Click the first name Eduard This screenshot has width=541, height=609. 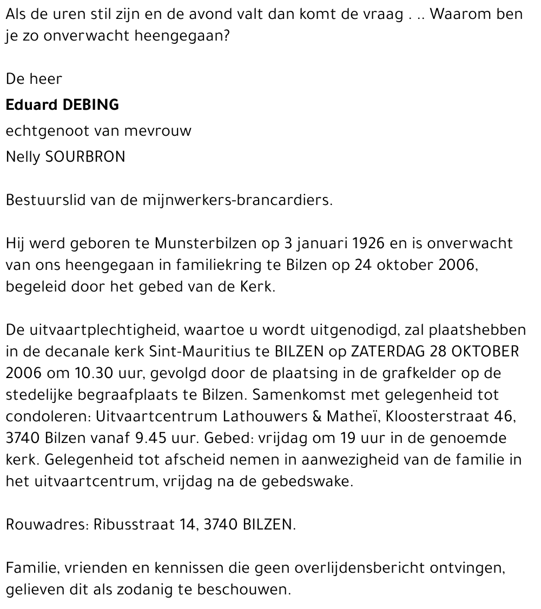31,104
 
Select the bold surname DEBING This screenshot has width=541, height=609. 91,104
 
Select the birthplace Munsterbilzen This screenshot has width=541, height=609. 206,243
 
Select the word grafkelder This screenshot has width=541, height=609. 408,373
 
